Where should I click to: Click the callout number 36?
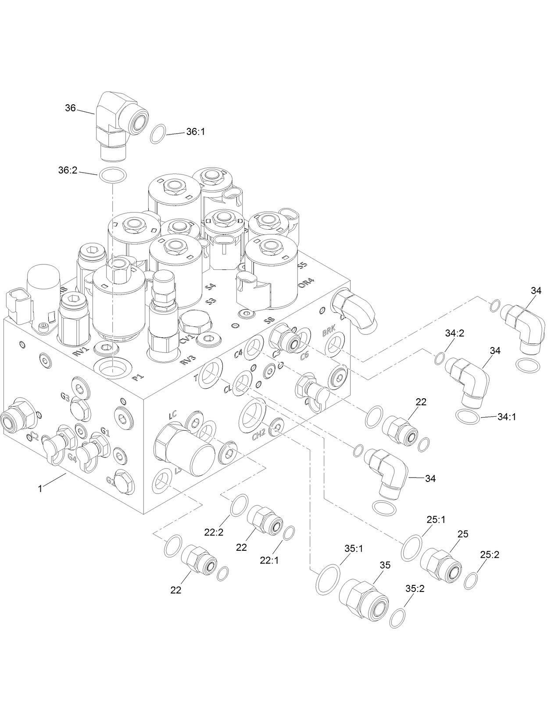pyautogui.click(x=70, y=108)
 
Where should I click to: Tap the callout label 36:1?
pyautogui.click(x=195, y=131)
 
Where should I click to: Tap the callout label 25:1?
pyautogui.click(x=436, y=520)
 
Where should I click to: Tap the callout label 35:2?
pyautogui.click(x=415, y=589)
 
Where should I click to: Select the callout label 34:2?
pyautogui.click(x=454, y=333)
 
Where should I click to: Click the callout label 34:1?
pyautogui.click(x=507, y=417)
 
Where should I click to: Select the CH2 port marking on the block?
pyautogui.click(x=259, y=435)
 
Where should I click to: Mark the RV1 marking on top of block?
pyautogui.click(x=81, y=351)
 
